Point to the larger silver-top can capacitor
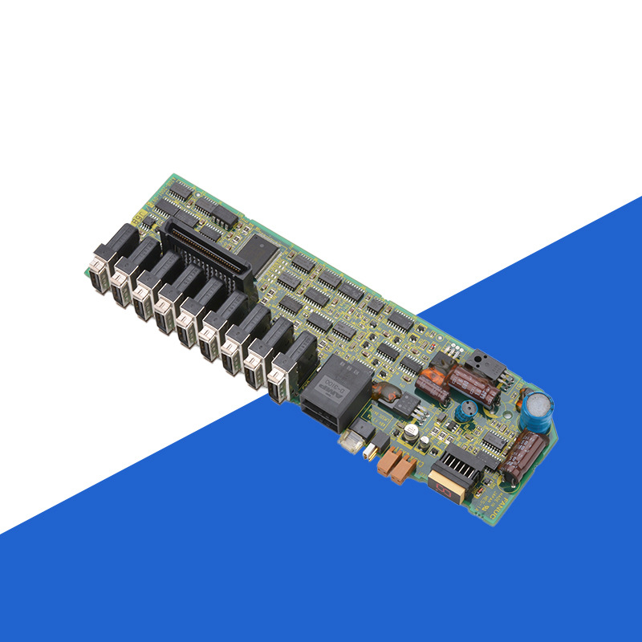(x=411, y=433)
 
